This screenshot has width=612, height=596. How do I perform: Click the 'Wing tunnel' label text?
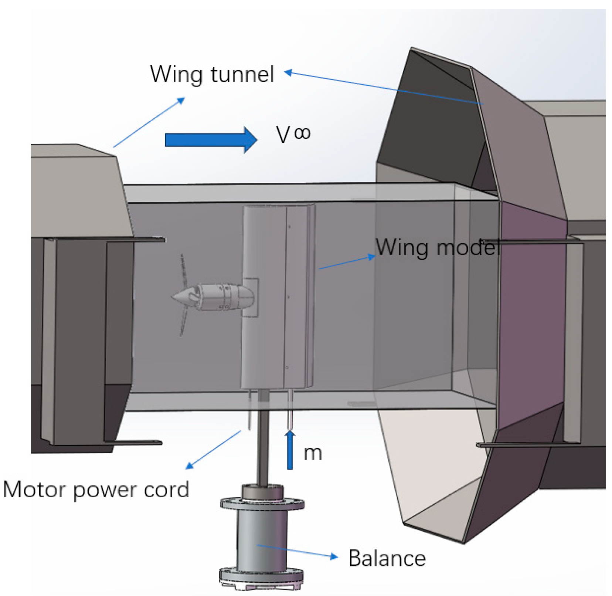[212, 74]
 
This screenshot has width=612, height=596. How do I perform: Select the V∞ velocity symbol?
[293, 134]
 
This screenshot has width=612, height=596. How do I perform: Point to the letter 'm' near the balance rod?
[313, 453]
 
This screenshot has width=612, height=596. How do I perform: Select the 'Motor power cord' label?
[96, 490]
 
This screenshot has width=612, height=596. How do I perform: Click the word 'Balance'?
[387, 558]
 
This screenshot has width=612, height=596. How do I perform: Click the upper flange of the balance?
[262, 504]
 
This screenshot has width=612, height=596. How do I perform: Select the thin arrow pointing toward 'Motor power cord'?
[212, 450]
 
